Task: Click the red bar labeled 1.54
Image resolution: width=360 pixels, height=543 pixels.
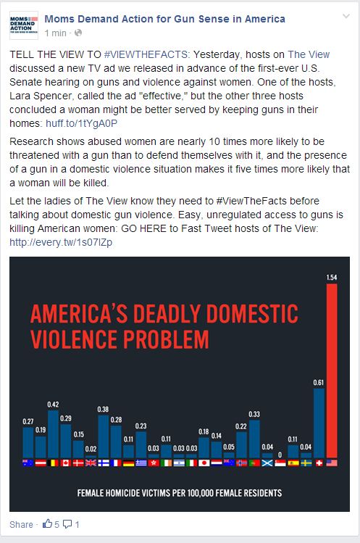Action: tap(332, 370)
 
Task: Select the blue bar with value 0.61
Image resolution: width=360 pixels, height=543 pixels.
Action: tap(319, 423)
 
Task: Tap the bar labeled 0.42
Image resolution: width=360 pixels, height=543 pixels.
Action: tap(53, 434)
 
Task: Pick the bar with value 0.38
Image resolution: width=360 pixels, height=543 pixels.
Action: tap(104, 436)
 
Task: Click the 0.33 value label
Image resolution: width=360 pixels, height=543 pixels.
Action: tap(254, 414)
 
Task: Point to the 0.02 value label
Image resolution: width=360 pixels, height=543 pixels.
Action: tap(91, 449)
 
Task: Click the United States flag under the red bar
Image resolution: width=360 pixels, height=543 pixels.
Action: tap(332, 463)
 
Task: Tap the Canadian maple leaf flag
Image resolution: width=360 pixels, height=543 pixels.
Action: tap(65, 463)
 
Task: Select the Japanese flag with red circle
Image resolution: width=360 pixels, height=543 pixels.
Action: tap(204, 463)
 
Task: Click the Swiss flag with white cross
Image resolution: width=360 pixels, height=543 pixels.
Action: tap(319, 463)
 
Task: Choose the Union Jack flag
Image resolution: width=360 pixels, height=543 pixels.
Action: tap(91, 463)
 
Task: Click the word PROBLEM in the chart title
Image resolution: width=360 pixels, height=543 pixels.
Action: tap(166, 339)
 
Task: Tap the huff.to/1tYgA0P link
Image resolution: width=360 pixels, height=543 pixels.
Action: tap(81, 123)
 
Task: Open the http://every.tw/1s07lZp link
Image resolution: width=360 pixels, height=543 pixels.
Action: tap(61, 242)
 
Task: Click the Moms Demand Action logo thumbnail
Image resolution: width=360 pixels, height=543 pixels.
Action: tap(24, 25)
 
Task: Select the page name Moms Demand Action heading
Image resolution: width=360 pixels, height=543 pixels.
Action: tap(164, 19)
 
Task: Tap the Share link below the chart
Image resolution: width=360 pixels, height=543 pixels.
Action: tap(21, 524)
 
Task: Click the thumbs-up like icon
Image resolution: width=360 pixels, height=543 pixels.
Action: tap(47, 523)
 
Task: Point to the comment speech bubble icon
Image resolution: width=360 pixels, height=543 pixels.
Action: tap(67, 524)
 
